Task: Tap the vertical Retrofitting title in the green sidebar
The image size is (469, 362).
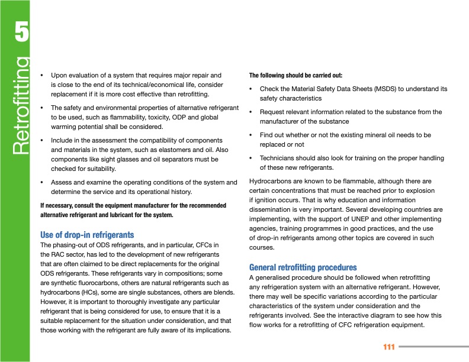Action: click(x=20, y=105)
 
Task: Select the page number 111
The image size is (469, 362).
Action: click(x=388, y=347)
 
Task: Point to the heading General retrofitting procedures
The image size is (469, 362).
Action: click(x=303, y=267)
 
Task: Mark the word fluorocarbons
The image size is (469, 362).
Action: click(x=90, y=282)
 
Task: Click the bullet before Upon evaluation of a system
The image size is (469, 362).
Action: click(x=41, y=76)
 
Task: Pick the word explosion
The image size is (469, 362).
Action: click(x=420, y=191)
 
